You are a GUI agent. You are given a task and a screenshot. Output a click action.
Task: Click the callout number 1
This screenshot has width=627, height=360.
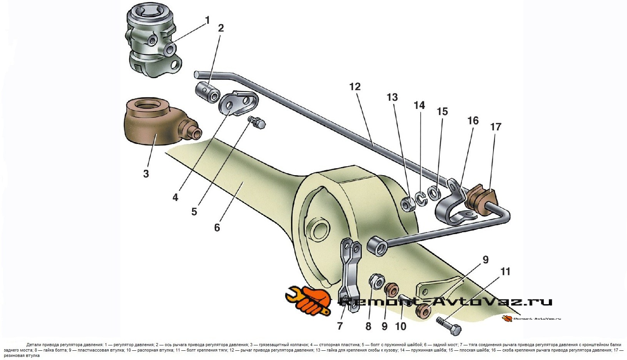pyautogui.click(x=207, y=20)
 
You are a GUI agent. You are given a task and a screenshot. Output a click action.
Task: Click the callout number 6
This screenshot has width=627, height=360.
pyautogui.click(x=217, y=227)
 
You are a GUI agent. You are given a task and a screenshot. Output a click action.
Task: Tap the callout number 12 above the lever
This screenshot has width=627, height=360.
pyautogui.click(x=355, y=87)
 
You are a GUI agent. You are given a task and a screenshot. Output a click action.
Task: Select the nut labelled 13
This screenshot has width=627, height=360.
pyautogui.click(x=408, y=203)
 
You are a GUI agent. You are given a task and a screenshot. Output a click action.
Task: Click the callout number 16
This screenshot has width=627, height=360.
pyautogui.click(x=473, y=121)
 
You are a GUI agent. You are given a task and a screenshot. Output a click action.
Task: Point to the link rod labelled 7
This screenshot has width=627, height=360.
pyautogui.click(x=350, y=274)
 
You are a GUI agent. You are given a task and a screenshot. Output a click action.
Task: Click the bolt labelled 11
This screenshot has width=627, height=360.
pyautogui.click(x=448, y=325)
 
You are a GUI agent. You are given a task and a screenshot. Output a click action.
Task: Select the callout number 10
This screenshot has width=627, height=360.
pyautogui.click(x=401, y=326)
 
